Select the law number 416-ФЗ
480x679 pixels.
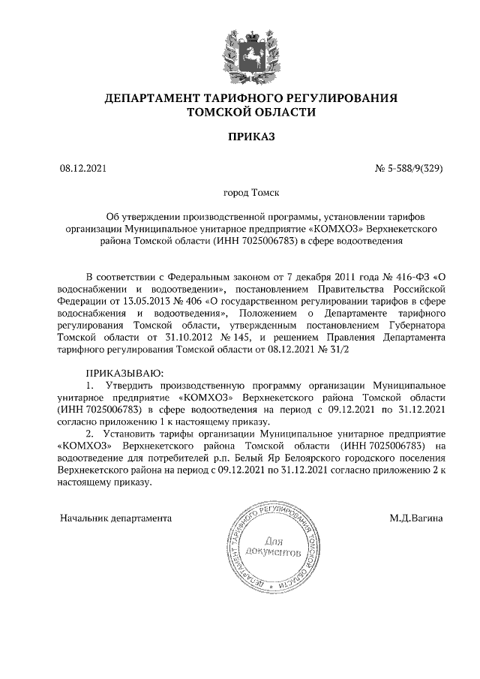[410, 274]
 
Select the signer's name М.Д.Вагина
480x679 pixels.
[415, 518]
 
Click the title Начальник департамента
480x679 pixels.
[116, 518]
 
